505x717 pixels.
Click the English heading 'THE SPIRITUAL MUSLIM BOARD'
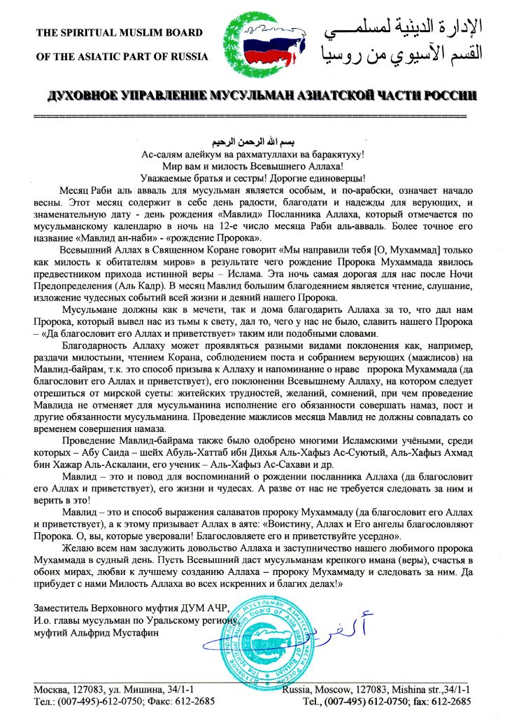119,32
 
